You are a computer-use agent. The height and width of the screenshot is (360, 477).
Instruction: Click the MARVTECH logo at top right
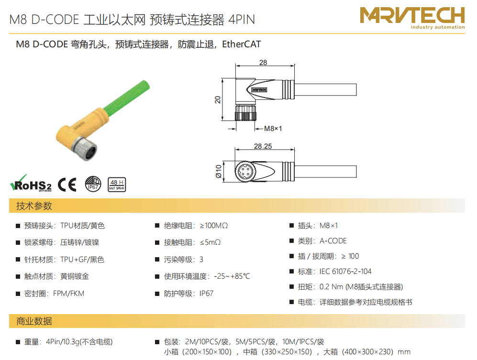coord(412,18)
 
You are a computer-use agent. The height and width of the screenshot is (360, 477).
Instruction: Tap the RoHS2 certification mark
coord(31,183)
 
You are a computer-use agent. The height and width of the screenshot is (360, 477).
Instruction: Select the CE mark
coord(67,184)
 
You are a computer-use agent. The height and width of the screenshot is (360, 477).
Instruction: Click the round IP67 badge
coord(93,184)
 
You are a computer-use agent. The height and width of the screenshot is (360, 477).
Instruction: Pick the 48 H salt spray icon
coord(117,185)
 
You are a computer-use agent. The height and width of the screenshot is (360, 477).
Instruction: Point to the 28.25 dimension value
coord(263,146)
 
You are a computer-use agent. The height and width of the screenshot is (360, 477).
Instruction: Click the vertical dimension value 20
coord(218,100)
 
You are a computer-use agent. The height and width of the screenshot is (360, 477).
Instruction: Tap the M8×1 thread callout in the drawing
coord(273,129)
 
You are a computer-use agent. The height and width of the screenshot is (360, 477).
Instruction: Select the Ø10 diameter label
coord(219,172)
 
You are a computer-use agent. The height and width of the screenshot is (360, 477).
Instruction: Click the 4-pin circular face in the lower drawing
coord(244,172)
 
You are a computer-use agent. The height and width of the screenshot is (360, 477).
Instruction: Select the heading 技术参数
coord(34,206)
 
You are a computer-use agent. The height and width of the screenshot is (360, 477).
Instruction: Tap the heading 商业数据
coord(34,321)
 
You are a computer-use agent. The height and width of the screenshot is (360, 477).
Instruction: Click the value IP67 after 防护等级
coord(206,294)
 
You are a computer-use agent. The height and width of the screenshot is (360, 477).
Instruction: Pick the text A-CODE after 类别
coord(333,241)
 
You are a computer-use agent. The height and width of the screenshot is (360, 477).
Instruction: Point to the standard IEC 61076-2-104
coord(345,271)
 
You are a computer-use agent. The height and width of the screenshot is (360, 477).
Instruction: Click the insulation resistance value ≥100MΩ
coord(214,226)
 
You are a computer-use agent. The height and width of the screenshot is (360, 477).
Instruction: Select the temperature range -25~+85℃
coord(232,276)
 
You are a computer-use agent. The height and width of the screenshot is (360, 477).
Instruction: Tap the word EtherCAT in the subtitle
coord(241,44)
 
